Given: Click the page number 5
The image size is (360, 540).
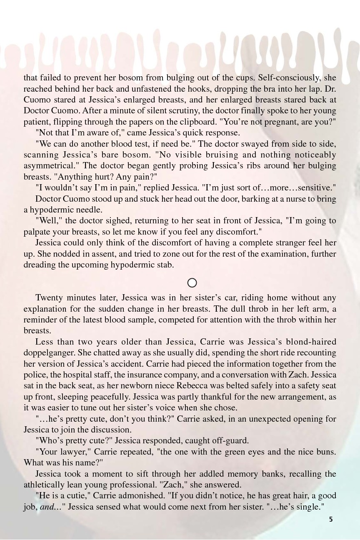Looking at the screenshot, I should click(331, 519).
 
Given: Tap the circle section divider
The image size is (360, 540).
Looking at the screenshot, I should click(192, 283).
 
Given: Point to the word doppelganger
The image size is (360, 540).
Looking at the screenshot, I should click(49, 352).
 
